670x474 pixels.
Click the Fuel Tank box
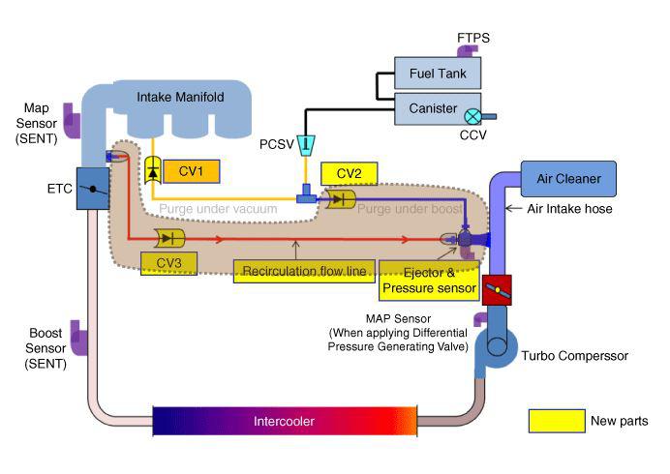pos(437,74)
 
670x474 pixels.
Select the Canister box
pos(437,109)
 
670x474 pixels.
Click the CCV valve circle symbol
pos(472,115)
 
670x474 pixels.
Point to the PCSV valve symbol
pos(304,144)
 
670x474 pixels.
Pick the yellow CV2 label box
pos(349,173)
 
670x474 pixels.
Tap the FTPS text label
pos(474,38)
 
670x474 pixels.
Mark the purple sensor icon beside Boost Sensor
pos(80,341)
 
